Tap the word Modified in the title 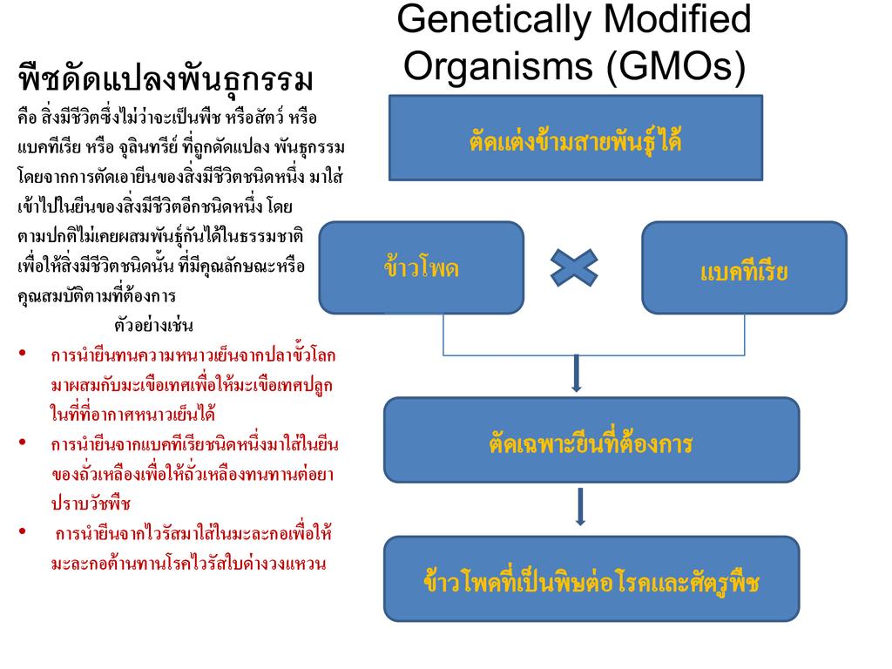coord(680,19)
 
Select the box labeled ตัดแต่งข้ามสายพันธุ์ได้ coord(575,138)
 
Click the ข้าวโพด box coord(422,267)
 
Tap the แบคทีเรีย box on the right coord(744,267)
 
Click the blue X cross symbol coord(574,267)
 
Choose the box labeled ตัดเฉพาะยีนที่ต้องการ coord(591,440)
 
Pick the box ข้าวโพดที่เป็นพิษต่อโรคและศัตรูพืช coord(591,578)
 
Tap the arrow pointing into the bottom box coord(580,507)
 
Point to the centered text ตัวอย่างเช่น coord(154,326)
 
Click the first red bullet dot coord(22,355)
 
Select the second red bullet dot coord(22,443)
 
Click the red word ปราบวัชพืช coord(91,503)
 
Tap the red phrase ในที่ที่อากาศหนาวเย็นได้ coord(133,415)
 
